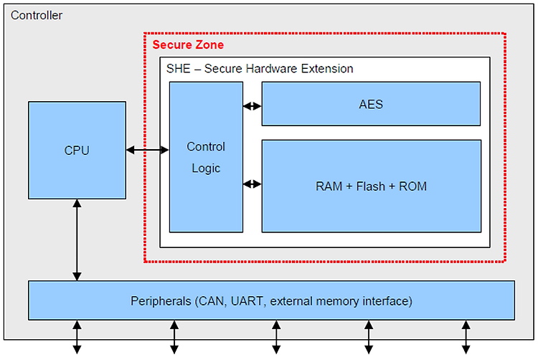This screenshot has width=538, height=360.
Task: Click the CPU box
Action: tap(77, 150)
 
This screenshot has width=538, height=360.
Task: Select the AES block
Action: tap(371, 104)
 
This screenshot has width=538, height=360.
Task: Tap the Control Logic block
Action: tap(206, 157)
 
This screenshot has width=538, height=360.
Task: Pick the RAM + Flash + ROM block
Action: tap(372, 186)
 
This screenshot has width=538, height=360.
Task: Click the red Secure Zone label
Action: tap(188, 44)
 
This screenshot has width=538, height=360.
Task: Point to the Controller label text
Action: tap(37, 15)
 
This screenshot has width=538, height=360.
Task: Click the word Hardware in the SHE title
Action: tap(271, 69)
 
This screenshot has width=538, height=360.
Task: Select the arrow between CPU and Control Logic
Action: tap(148, 150)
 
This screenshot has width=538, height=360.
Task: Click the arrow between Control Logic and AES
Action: tap(253, 106)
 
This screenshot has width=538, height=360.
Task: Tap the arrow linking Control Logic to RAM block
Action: tap(253, 184)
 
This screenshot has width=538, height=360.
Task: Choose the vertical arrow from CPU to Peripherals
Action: tap(77, 240)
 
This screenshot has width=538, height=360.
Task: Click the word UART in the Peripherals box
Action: tap(247, 301)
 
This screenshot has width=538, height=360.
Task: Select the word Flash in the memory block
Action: tap(371, 186)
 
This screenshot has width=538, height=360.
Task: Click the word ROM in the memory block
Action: tap(412, 186)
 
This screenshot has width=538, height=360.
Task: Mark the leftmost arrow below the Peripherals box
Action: tap(77, 337)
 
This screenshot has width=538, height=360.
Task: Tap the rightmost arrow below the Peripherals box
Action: tap(466, 337)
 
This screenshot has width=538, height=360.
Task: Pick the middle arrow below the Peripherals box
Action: tap(276, 337)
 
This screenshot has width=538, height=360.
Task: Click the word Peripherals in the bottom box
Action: tap(161, 301)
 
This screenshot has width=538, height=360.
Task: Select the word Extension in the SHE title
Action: tap(327, 69)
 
